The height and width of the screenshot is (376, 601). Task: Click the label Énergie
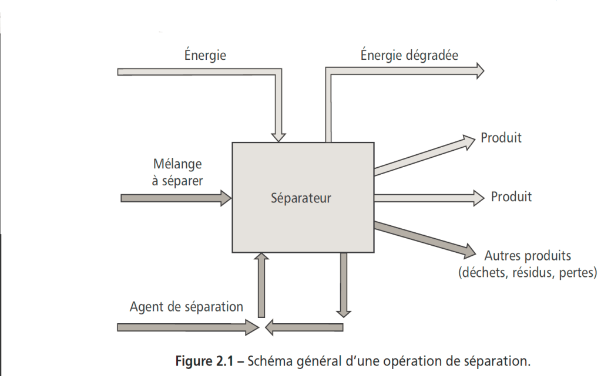pos(205,55)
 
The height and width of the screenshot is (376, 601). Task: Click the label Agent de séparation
pos(186,306)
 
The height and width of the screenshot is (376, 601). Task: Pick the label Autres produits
pos(528,256)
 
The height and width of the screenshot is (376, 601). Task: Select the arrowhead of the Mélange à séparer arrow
pos(227,198)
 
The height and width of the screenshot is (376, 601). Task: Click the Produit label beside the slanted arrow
pos(501,138)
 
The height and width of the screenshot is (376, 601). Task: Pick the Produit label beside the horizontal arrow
pos(511,197)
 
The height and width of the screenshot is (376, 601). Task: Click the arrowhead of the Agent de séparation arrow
pos(253,326)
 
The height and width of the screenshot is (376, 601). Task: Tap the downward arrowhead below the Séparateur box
pos(344,311)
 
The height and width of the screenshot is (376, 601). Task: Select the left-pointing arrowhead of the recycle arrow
pos(270,326)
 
